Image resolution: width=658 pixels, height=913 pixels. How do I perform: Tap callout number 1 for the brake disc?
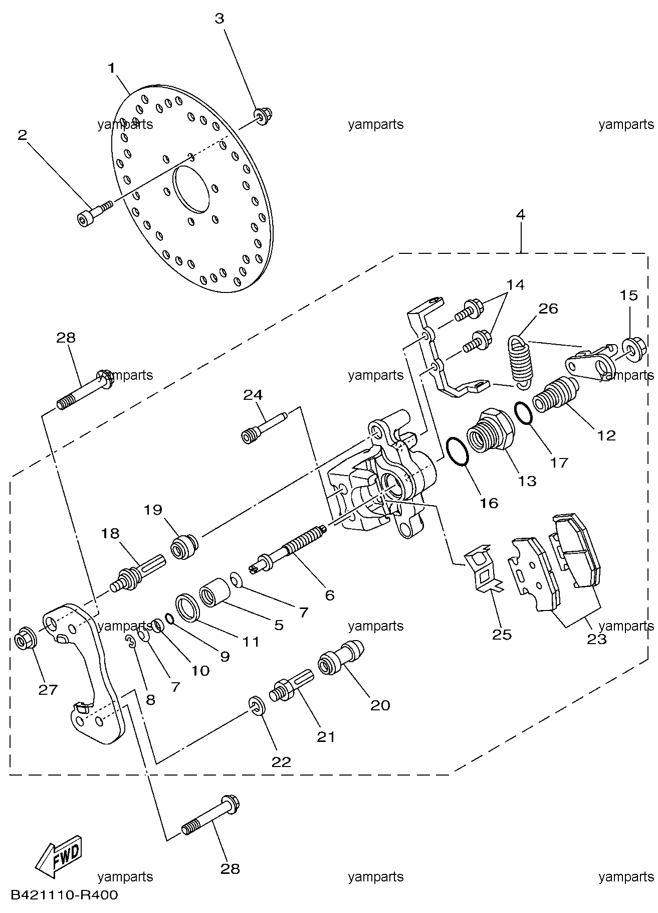pos(112,67)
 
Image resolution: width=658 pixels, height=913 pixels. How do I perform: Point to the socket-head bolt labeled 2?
pos(95,213)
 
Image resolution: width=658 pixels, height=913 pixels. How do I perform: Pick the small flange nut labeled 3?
pos(262,117)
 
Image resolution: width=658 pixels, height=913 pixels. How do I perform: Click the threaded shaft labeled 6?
pos(296,547)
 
